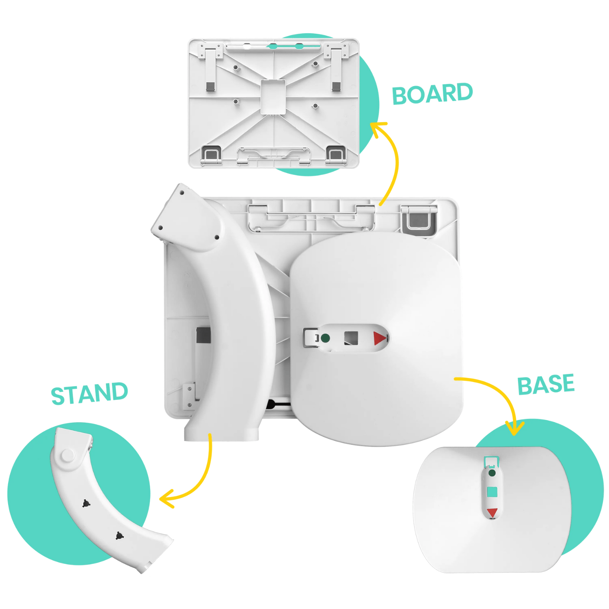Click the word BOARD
432,93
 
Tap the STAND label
89,393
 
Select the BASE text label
546,385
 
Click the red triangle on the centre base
380,338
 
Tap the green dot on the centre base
325,338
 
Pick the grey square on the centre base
351,338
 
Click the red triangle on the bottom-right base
492,513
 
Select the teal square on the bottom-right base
492,492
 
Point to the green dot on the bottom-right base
492,473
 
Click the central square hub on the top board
273,97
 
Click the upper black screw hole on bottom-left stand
86,503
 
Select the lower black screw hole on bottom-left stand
119,536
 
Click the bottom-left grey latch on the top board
211,155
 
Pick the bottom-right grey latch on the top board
336,155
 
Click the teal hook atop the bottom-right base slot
491,461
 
